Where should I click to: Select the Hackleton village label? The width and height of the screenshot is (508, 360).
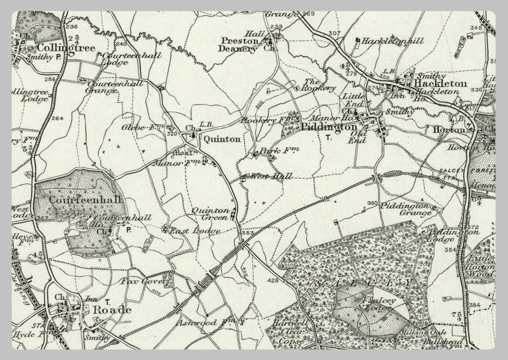point(440,83)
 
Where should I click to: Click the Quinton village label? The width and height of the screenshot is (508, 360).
point(221,138)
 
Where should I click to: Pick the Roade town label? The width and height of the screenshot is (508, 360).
point(111,309)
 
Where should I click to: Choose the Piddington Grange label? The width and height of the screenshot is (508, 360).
point(404,210)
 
